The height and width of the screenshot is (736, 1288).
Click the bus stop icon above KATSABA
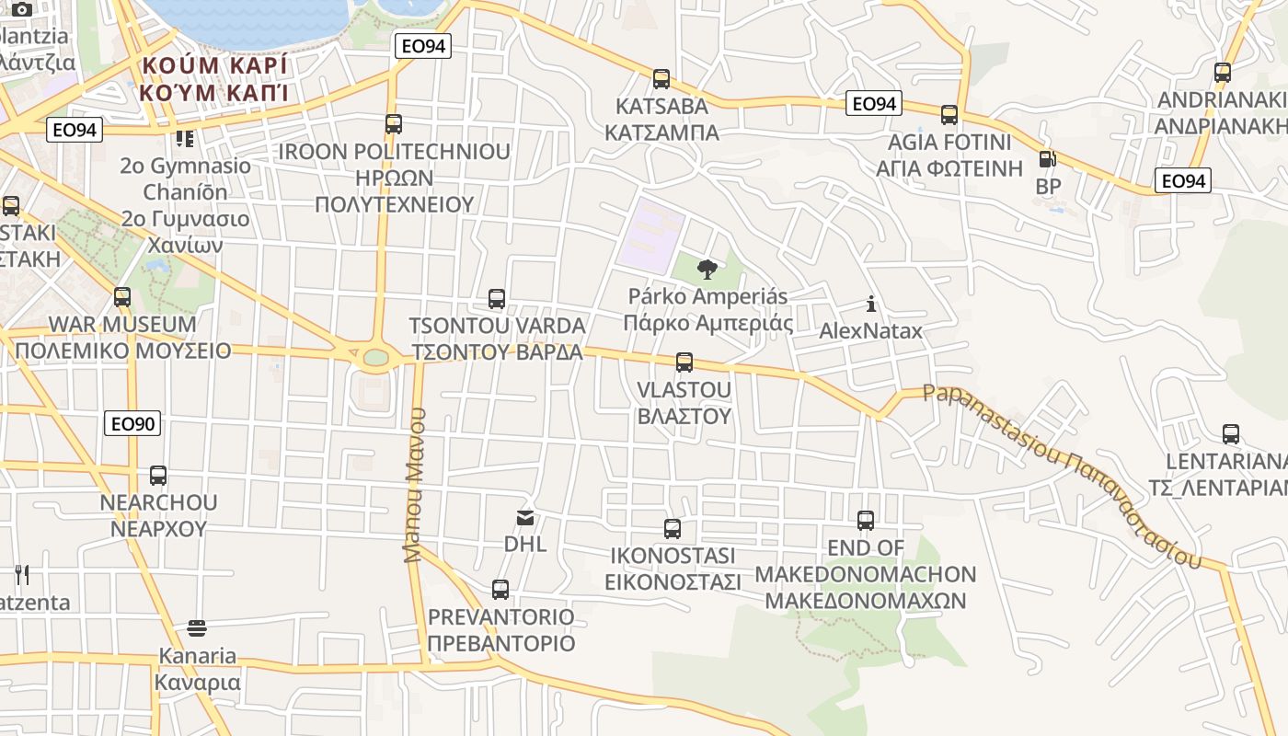661,79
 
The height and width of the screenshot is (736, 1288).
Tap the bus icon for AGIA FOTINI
949,115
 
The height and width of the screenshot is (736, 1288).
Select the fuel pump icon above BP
1047,159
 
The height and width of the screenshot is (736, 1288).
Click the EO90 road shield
133,423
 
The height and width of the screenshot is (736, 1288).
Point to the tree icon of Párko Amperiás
707,270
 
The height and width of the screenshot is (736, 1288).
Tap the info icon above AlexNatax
870,304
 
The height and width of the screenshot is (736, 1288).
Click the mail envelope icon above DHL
525,518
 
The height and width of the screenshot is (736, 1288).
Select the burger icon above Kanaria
197,628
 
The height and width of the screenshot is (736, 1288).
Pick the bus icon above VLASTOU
684,362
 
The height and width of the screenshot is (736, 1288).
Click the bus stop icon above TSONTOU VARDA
497,299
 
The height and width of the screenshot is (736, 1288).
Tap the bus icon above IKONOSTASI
673,529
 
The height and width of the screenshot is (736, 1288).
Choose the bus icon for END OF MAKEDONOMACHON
866,521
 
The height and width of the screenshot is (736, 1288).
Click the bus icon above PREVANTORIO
500,590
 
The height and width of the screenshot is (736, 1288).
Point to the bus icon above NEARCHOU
158,476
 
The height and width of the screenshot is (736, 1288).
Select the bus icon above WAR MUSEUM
122,297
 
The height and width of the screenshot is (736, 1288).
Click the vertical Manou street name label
415,485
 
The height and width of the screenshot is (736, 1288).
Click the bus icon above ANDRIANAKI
1222,73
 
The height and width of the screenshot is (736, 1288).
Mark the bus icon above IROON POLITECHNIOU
394,124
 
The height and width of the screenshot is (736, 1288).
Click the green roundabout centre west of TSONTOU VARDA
375,357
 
